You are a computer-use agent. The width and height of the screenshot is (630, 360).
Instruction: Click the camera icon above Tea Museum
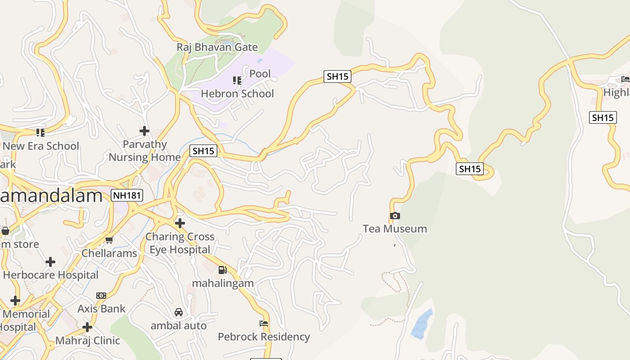395,216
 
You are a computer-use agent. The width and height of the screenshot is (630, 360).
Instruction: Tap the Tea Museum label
395,229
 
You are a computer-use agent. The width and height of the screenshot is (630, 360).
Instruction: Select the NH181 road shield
127,195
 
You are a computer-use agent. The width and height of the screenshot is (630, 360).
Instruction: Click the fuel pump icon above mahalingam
222,270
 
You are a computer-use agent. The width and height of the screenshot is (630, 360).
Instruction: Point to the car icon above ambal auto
179,312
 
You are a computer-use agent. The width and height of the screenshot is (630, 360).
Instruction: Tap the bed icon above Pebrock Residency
264,324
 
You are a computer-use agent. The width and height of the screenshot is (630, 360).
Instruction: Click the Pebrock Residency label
264,337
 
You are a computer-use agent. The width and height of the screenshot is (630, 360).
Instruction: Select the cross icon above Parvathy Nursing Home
144,131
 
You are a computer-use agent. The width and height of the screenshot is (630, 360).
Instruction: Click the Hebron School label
237,94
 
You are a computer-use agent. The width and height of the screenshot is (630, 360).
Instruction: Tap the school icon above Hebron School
237,81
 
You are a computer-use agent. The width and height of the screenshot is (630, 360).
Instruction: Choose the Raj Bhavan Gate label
217,47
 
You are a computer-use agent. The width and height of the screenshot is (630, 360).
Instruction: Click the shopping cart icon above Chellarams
109,240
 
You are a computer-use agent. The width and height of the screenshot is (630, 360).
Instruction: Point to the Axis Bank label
101,309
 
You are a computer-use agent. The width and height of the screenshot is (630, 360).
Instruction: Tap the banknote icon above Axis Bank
101,296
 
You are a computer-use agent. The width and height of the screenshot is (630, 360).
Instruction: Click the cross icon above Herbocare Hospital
50,262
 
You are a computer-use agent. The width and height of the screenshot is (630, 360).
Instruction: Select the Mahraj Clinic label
88,340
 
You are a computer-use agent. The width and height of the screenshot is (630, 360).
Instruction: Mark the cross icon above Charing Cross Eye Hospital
180,223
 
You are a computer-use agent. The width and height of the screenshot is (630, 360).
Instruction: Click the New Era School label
40,146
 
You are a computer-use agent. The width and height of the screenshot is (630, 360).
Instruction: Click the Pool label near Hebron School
260,74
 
